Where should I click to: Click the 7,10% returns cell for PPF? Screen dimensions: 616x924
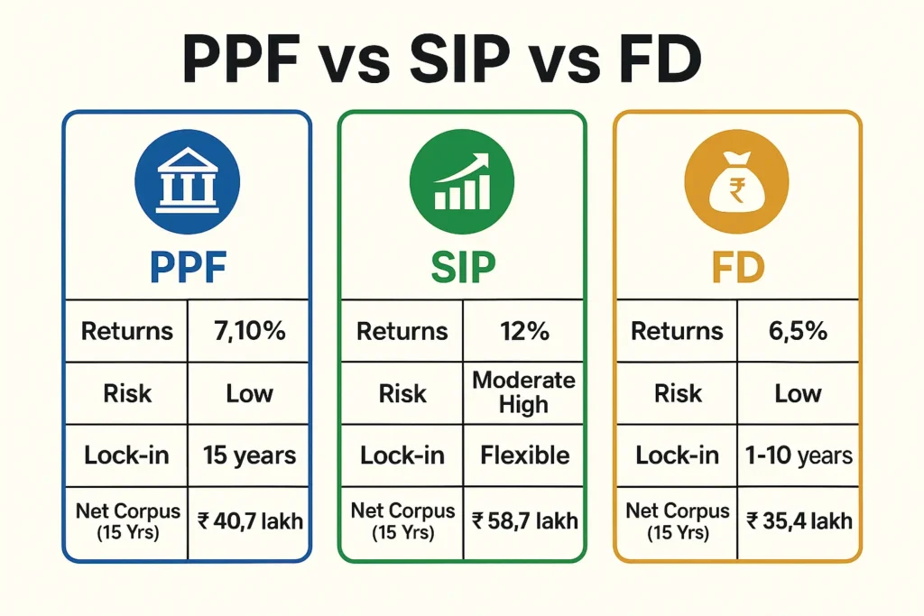[x=249, y=331]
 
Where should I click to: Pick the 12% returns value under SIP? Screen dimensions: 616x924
[x=524, y=331]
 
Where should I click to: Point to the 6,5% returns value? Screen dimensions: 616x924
[x=799, y=331]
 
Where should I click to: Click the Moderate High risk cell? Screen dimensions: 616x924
[x=524, y=392]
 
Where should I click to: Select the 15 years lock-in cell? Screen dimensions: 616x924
[x=249, y=455]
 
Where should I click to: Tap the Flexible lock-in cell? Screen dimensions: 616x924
[x=524, y=455]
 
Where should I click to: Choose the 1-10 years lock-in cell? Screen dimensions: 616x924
[x=799, y=455]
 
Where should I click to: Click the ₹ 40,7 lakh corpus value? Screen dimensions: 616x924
[x=249, y=520]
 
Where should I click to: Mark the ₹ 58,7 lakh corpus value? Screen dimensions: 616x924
[x=524, y=520]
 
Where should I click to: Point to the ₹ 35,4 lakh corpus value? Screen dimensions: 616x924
[x=799, y=520]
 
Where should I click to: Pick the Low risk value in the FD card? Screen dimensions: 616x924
[x=799, y=393]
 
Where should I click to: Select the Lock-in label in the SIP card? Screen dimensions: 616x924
[x=402, y=455]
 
